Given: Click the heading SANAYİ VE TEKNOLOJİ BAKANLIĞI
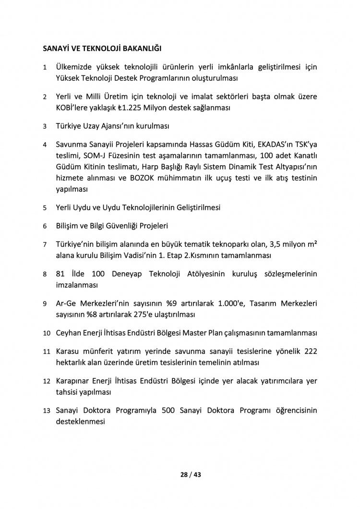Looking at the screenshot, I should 101,48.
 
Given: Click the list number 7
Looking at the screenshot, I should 45,244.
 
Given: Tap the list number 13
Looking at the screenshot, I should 47,411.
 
